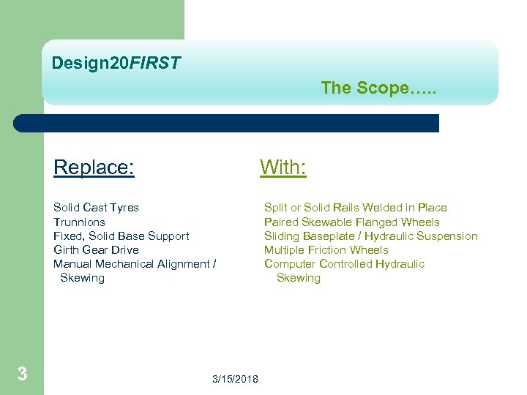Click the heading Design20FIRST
116,64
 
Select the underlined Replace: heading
94,168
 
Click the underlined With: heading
283,168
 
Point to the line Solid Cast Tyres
96,208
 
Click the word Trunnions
79,222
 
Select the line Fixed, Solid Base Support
121,236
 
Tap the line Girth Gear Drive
96,249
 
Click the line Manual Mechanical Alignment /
134,263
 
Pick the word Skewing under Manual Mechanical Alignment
82,278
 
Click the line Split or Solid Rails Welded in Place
355,208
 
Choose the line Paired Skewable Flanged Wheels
351,222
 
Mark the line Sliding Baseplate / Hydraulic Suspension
370,236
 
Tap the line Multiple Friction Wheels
326,249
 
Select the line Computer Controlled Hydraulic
344,263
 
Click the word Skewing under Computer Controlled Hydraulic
299,278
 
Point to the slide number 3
22,375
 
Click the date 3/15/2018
235,378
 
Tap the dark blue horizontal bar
227,123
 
